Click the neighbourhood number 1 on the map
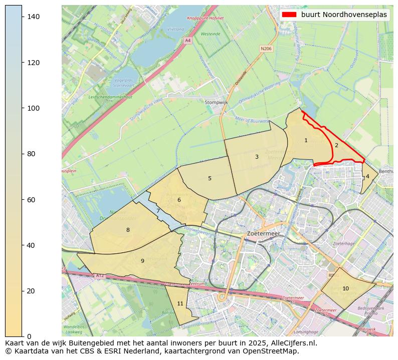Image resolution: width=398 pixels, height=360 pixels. point(306,141)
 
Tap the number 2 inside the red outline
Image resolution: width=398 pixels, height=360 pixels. point(336,146)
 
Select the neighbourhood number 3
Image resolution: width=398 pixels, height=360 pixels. point(257,157)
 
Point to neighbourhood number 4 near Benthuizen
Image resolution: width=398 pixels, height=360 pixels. point(367,176)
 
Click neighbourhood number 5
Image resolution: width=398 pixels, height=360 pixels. point(210,178)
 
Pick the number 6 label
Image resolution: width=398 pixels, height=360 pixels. point(179,200)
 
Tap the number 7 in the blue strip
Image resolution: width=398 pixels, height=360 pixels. point(158,211)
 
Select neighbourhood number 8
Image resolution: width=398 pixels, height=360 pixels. point(128,230)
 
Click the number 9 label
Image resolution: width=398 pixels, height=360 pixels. point(142,261)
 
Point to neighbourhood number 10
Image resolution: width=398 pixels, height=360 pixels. point(345,288)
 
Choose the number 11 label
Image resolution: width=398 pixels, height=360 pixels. point(180,303)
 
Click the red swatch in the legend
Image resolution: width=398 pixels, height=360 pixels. point(289,15)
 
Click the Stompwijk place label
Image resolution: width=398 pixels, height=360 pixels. point(217,102)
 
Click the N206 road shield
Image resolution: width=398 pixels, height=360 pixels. point(266,49)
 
